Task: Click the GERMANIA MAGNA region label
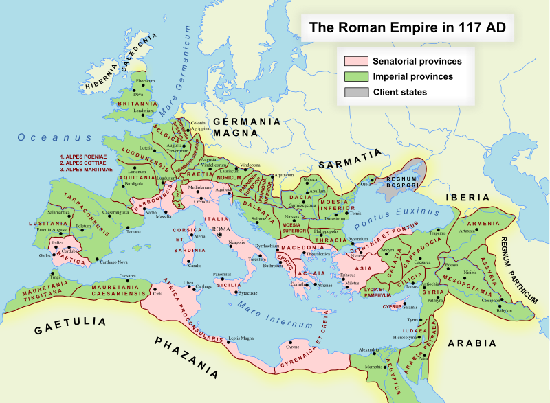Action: click(247, 127)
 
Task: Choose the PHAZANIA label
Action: click(186, 358)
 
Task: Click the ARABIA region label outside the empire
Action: click(472, 343)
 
